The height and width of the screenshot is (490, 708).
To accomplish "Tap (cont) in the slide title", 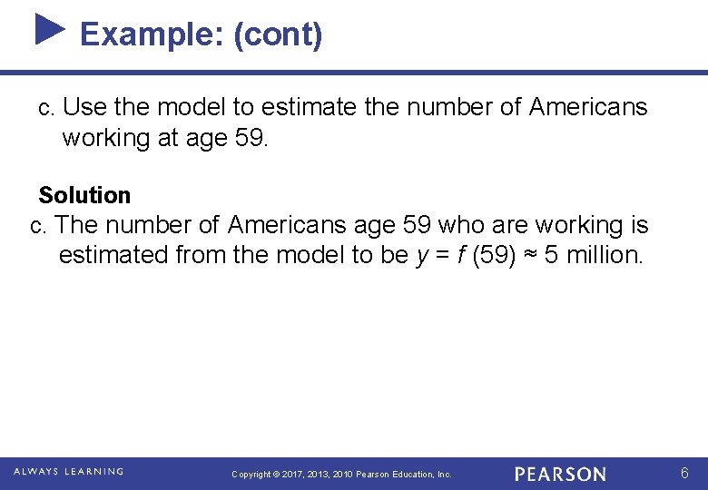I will pos(277,34).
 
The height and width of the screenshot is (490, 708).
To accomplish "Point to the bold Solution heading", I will pos(84,195).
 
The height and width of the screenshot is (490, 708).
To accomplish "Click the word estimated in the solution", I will pos(113,255).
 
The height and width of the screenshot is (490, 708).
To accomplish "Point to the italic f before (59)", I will pos(463,255).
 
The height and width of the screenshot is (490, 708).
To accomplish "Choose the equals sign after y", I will pos(441,255).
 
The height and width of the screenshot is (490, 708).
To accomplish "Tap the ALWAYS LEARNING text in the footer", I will pos(68,472).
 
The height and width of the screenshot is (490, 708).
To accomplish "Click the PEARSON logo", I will pos(560,474).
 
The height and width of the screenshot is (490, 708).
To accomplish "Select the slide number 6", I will pos(685,473).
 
